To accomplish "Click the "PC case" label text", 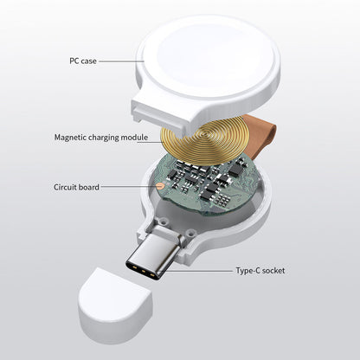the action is pos(83,61).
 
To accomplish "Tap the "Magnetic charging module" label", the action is pos(101,138).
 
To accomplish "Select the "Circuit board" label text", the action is pos(76,187).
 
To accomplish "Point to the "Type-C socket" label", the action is pos(260,271).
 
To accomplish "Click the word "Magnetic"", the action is pos(70,138).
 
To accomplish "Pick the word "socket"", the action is pos(273,271).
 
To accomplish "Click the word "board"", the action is pos(89,187).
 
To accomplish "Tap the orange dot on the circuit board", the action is pos(159,185).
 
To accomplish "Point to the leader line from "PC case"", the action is pos(121,61).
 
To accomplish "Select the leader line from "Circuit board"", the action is pos(128,186).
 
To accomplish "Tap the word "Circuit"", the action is pos(65,187).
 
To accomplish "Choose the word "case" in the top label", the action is pos(88,61).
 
